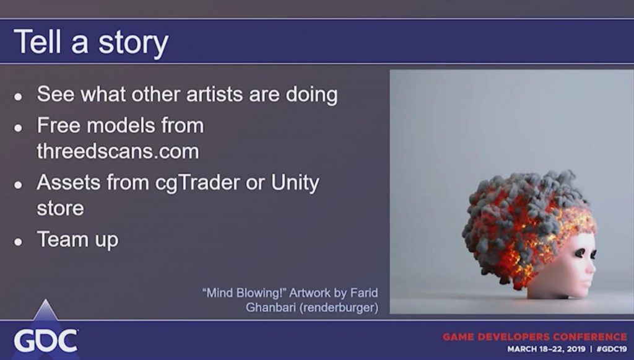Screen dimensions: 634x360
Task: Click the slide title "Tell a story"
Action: tap(91, 42)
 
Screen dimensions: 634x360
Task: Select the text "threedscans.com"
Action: tap(118, 151)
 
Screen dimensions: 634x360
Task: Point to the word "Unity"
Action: tap(295, 183)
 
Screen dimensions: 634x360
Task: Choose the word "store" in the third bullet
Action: tap(60, 209)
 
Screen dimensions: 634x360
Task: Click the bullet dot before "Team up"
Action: tap(18, 242)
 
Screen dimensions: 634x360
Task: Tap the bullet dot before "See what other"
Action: tap(18, 97)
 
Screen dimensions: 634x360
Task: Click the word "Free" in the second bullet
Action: tap(58, 125)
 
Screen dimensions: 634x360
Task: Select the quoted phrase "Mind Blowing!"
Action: tap(243, 292)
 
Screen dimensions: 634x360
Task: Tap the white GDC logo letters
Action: tap(46, 341)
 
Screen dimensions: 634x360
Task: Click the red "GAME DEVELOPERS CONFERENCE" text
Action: tap(535, 336)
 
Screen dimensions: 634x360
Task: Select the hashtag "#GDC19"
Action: tap(612, 349)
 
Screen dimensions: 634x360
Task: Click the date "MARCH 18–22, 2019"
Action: tap(546, 349)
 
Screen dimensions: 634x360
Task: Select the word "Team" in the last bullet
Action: tap(62, 239)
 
